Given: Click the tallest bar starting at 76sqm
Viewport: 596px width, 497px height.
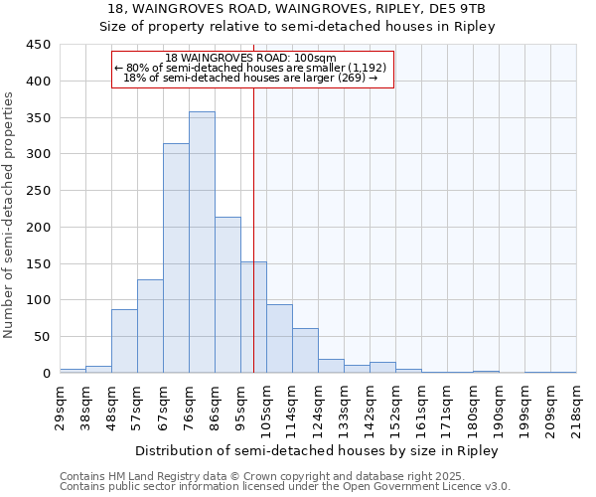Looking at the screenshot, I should [202, 243].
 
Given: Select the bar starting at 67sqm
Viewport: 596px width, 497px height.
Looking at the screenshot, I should [176, 258].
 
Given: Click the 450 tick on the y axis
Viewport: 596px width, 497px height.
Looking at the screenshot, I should [40, 45].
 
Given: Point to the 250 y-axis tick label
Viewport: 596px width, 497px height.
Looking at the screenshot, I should [40, 191].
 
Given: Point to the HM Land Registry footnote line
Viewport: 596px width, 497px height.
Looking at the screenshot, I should [283, 476].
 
